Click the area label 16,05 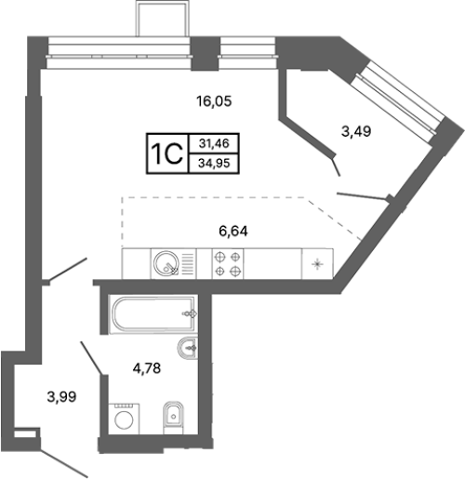click(214, 101)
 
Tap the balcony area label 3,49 click(356, 131)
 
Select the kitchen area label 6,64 click(233, 232)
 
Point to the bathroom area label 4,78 click(147, 368)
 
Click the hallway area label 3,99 click(61, 396)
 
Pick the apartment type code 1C click(166, 153)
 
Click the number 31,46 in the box click(214, 143)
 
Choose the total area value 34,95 click(214, 163)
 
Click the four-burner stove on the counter click(228, 264)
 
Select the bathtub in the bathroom click(153, 313)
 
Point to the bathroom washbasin click(187, 347)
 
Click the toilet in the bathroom click(173, 418)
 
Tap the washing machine click(124, 419)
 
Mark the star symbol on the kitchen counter click(317, 264)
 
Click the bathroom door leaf click(91, 358)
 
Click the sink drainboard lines click(188, 264)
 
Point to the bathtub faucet click(190, 313)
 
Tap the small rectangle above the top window click(163, 19)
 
